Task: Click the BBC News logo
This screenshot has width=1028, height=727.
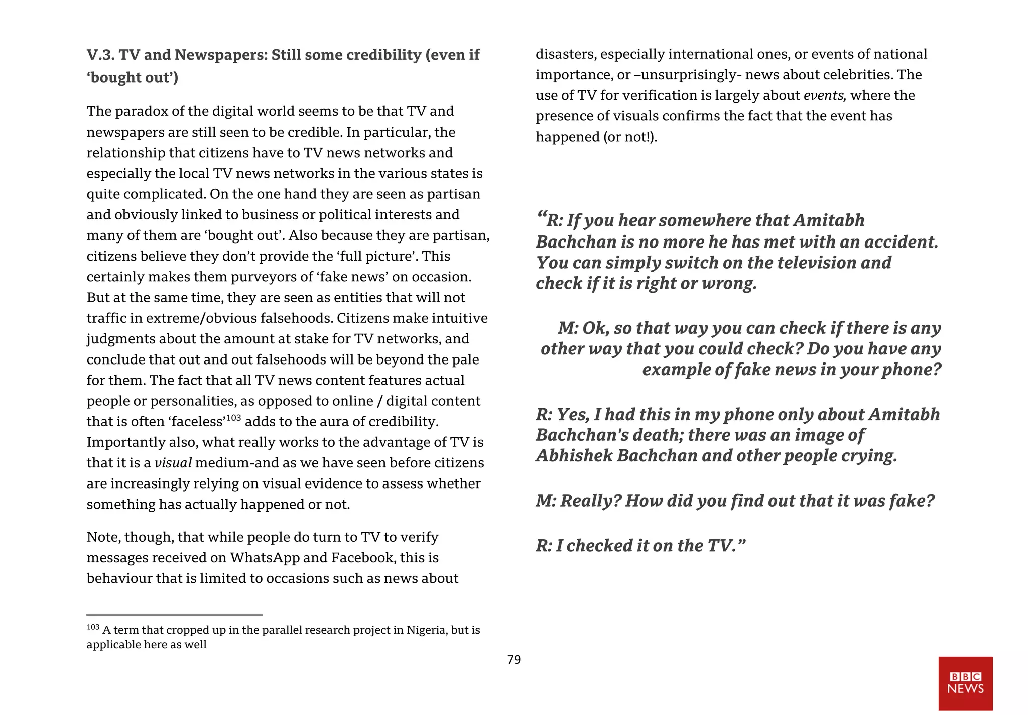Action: (965, 683)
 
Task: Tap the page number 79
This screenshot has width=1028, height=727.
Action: (514, 660)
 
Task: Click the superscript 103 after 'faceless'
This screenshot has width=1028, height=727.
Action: (233, 418)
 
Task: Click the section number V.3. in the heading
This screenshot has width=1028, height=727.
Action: (100, 55)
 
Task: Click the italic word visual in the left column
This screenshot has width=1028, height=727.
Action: (173, 463)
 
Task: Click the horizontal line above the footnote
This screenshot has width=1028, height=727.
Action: (174, 615)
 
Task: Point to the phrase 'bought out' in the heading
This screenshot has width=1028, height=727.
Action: (132, 78)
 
